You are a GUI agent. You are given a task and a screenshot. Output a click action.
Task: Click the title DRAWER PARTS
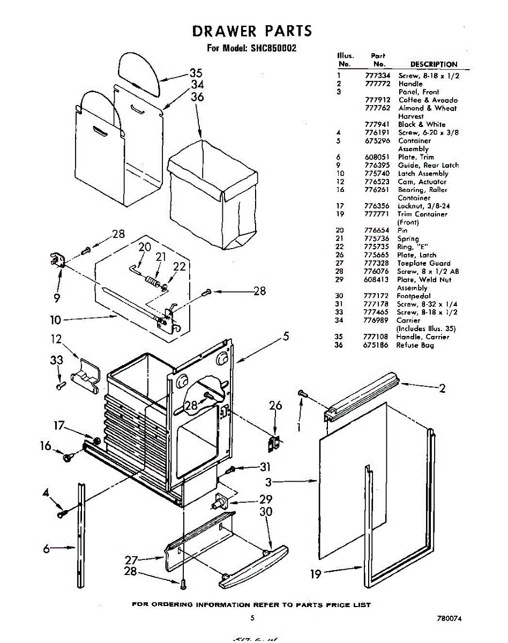pos(252,31)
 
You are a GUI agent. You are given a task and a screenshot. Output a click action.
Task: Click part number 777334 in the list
pos(376,76)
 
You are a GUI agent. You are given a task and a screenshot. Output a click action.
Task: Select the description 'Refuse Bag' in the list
pos(415,345)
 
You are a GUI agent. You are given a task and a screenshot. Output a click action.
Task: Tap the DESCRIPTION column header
pos(434,64)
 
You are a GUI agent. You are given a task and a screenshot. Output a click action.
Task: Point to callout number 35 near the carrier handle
pos(196,73)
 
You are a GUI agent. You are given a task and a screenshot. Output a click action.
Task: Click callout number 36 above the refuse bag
pos(197,97)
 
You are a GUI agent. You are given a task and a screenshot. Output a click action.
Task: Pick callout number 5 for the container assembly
pos(286,337)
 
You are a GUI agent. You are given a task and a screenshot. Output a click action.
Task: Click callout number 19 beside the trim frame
pos(316,574)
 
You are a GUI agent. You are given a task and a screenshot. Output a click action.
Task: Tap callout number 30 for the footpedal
pos(266,512)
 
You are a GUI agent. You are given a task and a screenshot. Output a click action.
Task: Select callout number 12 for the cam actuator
pos(57,339)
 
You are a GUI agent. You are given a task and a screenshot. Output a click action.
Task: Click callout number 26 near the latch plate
pos(275,406)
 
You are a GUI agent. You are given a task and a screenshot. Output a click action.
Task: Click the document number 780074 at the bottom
pos(449,618)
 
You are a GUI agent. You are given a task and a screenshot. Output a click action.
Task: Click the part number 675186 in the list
pos(376,345)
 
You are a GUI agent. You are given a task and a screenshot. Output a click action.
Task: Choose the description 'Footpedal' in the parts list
pos(413,296)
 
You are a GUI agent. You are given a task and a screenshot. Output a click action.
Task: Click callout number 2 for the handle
pos(442,389)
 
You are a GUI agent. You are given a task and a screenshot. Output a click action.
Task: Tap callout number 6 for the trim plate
pos(47,548)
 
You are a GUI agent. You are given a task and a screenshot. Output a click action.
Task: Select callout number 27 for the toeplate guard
pos(132,560)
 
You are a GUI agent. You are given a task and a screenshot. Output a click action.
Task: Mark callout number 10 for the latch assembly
pos(56,320)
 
